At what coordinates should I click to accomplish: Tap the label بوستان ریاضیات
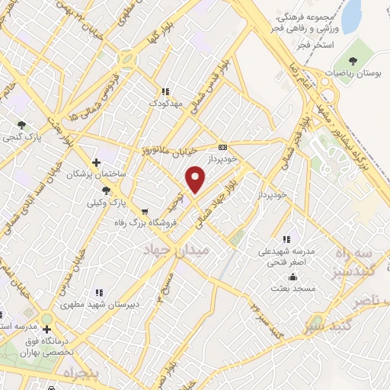[x=352, y=73]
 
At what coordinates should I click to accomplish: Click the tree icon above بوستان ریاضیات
[x=352, y=60]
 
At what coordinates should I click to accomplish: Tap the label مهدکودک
[x=165, y=102]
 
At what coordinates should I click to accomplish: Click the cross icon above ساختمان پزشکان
[x=95, y=161]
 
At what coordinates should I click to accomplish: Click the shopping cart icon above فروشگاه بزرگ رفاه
[x=145, y=211]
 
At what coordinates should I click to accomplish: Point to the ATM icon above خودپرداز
[x=222, y=147]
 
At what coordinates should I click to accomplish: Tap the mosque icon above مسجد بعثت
[x=273, y=288]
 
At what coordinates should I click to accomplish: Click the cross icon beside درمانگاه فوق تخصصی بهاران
[x=47, y=330]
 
